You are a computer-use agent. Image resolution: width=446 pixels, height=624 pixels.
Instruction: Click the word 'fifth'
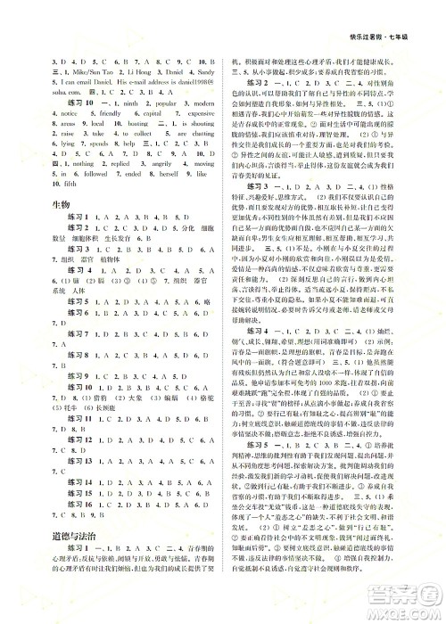(x=55, y=189)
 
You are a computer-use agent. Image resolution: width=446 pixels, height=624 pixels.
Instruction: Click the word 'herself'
(x=159, y=177)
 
